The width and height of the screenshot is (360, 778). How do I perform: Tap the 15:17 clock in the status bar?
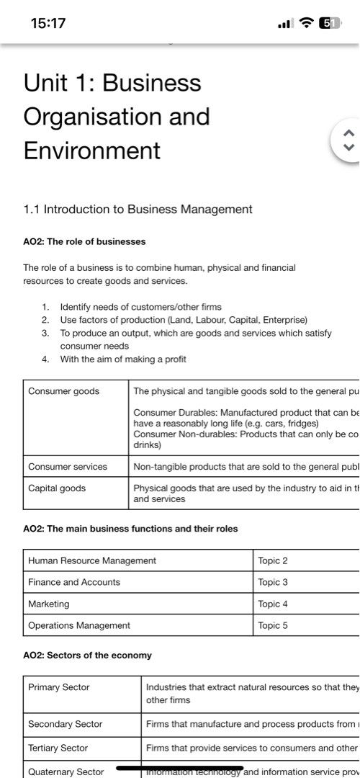[48, 23]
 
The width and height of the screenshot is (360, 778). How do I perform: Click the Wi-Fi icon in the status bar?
[307, 23]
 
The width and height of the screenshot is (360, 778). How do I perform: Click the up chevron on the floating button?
[349, 133]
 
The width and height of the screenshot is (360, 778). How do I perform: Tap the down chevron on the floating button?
[349, 147]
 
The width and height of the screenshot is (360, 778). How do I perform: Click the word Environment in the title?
[91, 151]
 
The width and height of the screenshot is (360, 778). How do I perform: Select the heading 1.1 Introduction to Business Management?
[138, 210]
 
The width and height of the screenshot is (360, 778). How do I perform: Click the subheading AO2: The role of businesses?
[84, 241]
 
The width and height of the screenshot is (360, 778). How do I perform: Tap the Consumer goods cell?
[64, 391]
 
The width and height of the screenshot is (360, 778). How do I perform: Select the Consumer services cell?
[68, 467]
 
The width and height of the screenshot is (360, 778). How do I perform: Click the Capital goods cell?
[57, 488]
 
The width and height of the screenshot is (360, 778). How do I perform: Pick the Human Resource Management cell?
[92, 560]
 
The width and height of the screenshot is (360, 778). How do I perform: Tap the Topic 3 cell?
[273, 582]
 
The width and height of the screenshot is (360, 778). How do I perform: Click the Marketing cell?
[49, 604]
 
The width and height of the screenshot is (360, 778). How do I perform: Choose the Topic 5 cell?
[273, 625]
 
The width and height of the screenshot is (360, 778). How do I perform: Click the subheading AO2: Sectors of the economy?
[87, 656]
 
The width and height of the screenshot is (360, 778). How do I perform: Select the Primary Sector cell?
[59, 687]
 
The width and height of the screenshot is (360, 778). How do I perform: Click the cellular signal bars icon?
[286, 23]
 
